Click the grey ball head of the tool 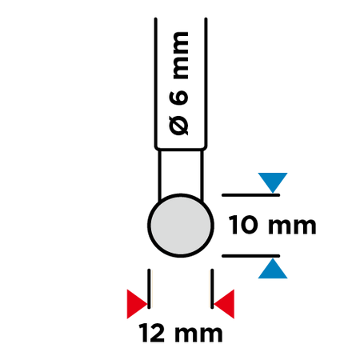pyautogui.click(x=181, y=226)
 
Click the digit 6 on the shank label pyautogui.click(x=178, y=98)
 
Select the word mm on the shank pyautogui.click(x=181, y=55)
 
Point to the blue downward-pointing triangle pyautogui.click(x=273, y=182)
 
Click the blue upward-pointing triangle pyautogui.click(x=273, y=269)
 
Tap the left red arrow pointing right pyautogui.click(x=137, y=304)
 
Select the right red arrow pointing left pyautogui.click(x=224, y=304)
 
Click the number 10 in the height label pyautogui.click(x=243, y=225)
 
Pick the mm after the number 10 pyautogui.click(x=292, y=226)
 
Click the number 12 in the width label pyautogui.click(x=152, y=333)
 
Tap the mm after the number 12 pyautogui.click(x=198, y=334)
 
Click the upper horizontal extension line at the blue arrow pyautogui.click(x=250, y=195)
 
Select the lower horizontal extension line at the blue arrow pyautogui.click(x=250, y=256)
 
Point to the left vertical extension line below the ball pyautogui.click(x=149, y=289)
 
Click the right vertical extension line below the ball pyautogui.click(x=212, y=289)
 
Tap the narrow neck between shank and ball pyautogui.click(x=181, y=174)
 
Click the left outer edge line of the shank pyautogui.click(x=156, y=82)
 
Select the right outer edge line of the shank pyautogui.click(x=206, y=82)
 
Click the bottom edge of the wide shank pyautogui.click(x=181, y=149)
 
